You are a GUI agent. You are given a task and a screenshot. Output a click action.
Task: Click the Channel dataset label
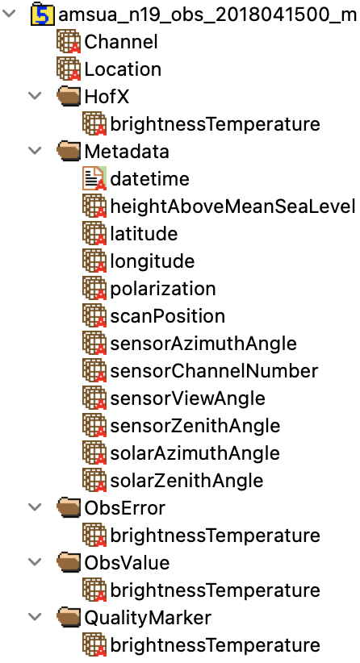[121, 42]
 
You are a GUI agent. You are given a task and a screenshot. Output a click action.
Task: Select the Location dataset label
[123, 69]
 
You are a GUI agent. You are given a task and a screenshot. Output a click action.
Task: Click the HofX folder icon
[69, 98]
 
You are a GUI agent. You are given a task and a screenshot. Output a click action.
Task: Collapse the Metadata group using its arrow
[35, 152]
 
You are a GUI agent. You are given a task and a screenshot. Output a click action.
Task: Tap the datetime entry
[150, 179]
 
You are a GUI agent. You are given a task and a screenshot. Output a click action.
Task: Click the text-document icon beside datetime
[94, 179]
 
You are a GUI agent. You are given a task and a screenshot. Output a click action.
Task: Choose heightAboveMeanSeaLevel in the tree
[232, 206]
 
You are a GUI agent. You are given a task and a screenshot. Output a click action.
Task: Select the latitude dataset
[144, 234]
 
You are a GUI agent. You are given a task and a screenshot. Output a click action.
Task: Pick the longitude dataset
[153, 262]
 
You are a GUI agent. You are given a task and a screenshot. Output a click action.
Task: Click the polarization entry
[163, 290]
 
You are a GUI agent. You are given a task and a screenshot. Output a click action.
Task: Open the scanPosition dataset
[168, 316]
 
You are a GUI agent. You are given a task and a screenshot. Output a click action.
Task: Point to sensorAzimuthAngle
[203, 344]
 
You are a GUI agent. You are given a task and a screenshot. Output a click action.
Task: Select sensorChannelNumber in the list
[214, 371]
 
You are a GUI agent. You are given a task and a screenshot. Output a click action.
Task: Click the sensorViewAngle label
[188, 398]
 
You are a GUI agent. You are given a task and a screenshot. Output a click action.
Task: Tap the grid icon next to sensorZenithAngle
[94, 426]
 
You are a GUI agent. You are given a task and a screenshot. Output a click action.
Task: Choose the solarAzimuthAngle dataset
[195, 453]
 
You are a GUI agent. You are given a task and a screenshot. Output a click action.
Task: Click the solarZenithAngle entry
[187, 481]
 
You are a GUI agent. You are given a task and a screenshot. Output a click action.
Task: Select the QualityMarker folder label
[148, 618]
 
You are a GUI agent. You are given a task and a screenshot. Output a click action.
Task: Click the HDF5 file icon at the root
[43, 15]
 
